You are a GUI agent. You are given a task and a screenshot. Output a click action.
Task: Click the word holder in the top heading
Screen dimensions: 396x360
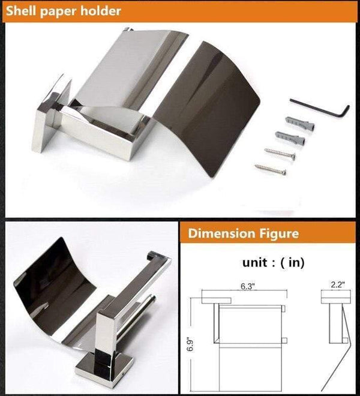tap(100, 11)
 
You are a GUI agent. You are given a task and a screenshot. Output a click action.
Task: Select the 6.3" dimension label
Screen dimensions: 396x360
tap(247, 286)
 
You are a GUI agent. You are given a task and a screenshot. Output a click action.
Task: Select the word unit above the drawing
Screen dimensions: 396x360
tap(254, 263)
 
